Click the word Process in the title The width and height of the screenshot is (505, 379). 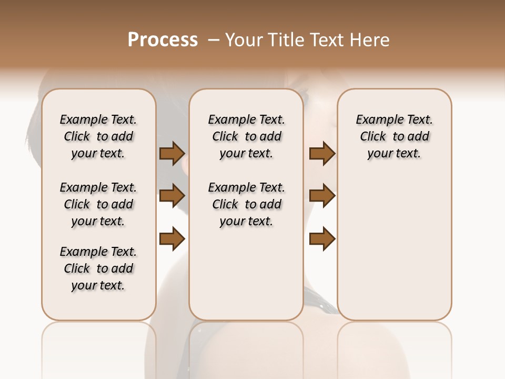click(x=163, y=40)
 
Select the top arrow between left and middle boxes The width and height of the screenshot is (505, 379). click(x=172, y=153)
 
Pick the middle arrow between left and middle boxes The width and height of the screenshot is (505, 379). click(x=172, y=196)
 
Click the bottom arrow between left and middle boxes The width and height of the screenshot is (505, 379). click(x=172, y=238)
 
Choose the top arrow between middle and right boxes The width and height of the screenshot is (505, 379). click(x=322, y=153)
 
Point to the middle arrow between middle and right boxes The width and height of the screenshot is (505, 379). click(x=322, y=196)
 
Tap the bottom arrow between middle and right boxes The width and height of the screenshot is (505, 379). click(x=322, y=238)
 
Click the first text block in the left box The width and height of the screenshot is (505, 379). click(x=98, y=136)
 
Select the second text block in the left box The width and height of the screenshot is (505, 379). click(x=98, y=204)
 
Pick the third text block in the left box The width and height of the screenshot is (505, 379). click(x=98, y=268)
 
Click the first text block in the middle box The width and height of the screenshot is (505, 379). click(x=246, y=136)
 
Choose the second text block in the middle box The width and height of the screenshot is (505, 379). click(x=246, y=204)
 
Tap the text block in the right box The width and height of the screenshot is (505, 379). click(x=395, y=136)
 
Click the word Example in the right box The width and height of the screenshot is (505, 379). click(x=378, y=120)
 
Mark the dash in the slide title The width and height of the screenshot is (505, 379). click(x=214, y=40)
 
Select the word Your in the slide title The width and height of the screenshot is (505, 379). click(x=243, y=40)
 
